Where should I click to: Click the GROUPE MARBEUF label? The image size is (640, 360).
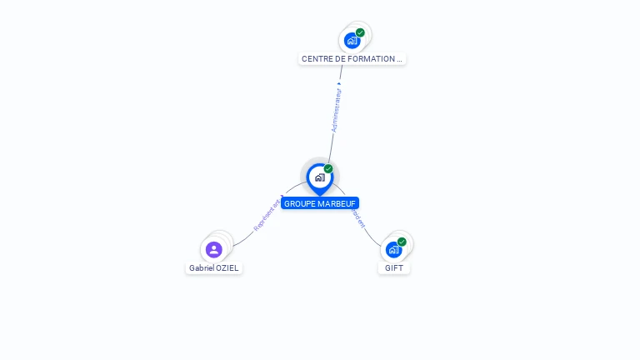point(320,203)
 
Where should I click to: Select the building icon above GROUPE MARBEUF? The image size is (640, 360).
point(319,177)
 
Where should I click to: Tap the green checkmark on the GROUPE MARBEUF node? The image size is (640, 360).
point(328,169)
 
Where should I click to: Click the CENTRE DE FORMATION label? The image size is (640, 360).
point(352,59)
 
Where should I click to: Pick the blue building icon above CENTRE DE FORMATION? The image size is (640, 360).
point(352,40)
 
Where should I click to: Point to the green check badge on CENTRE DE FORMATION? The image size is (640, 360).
point(360,32)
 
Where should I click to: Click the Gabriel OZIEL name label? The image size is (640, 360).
point(214,268)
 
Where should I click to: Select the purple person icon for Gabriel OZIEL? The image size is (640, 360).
point(214,249)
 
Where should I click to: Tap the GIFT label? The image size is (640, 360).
point(394,268)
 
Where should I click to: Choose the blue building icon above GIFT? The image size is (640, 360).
point(393,249)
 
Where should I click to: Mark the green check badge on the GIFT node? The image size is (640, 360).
point(402,242)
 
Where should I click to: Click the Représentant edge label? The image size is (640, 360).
point(267,215)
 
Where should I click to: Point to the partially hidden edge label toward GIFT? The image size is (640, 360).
point(359,217)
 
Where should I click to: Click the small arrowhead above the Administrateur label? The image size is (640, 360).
point(339,84)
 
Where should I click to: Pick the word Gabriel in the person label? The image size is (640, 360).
point(201,268)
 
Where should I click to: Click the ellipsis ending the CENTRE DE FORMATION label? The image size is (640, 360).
point(399,60)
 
